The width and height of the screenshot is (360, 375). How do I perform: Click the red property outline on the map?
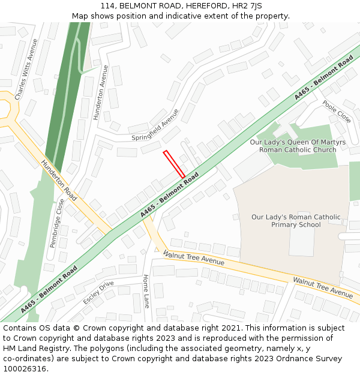[x=174, y=164]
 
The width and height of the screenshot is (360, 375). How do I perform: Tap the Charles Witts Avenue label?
[x=26, y=70]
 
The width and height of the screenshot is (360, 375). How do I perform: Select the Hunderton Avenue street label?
[x=100, y=92]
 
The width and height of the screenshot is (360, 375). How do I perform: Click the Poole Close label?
[x=337, y=112]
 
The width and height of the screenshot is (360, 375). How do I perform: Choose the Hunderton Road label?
[x=59, y=180]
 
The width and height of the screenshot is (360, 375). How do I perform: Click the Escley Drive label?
[x=98, y=292]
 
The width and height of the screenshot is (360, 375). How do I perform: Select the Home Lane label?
[x=146, y=291]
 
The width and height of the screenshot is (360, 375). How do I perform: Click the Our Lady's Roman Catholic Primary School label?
[x=295, y=221]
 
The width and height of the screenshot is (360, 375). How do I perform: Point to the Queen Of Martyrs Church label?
[x=298, y=146]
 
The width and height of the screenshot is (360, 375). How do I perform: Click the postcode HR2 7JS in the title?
[x=247, y=6]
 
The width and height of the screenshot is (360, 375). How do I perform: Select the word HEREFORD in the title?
[x=203, y=6]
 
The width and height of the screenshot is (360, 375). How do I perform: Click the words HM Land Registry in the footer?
[x=33, y=349]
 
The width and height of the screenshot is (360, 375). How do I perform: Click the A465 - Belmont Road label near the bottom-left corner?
[x=49, y=290]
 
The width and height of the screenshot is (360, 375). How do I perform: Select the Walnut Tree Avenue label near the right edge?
[x=322, y=287]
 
